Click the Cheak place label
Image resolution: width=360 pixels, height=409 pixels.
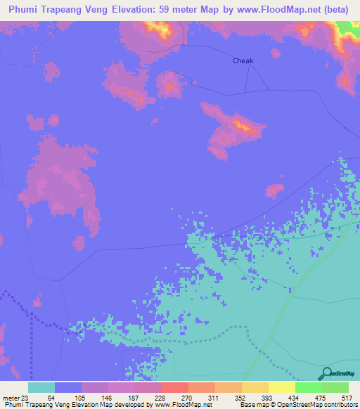click(x=243, y=60)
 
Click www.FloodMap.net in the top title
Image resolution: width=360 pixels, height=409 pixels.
click(x=277, y=10)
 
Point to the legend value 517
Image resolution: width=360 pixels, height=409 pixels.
click(x=345, y=397)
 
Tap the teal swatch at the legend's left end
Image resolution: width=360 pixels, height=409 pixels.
click(x=41, y=387)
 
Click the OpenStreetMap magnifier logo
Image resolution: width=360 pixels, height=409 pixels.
click(x=326, y=373)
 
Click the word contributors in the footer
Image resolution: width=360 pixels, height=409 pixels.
click(x=340, y=405)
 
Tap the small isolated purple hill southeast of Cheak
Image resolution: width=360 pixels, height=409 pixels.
click(x=274, y=190)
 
